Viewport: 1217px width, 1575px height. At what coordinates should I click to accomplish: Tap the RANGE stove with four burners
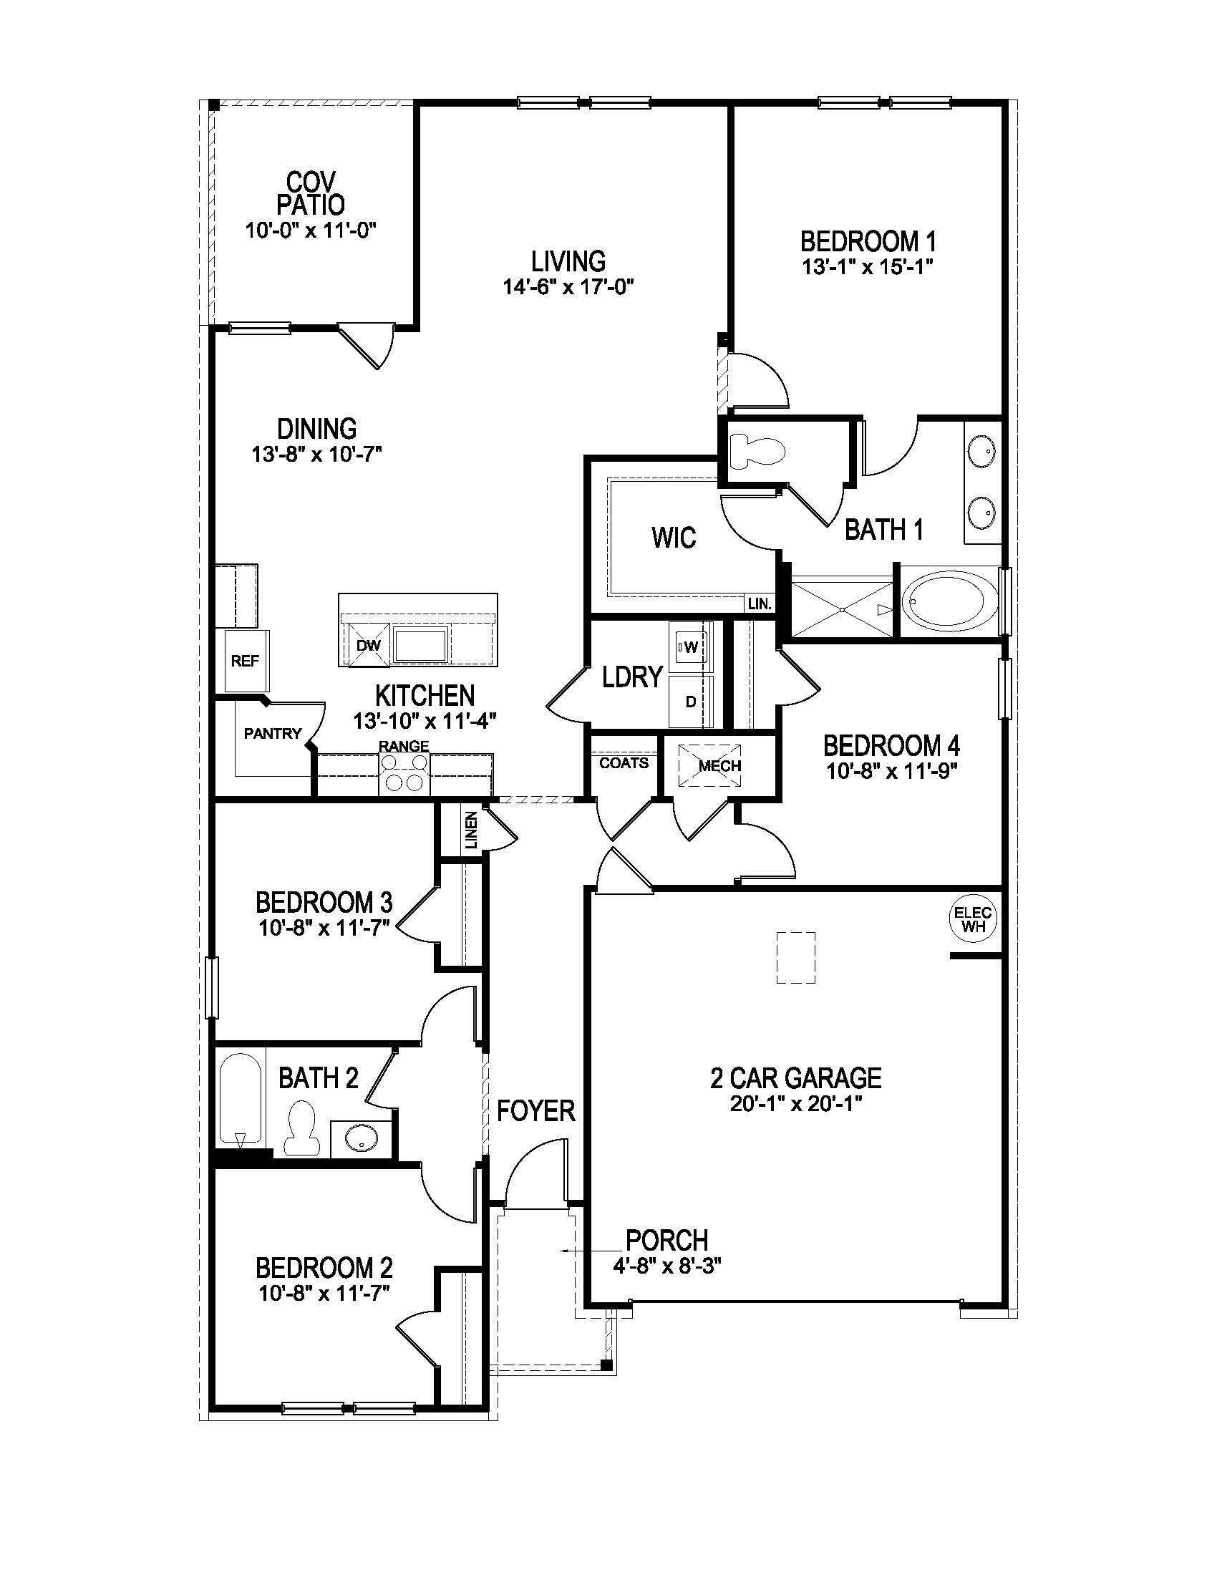(x=404, y=774)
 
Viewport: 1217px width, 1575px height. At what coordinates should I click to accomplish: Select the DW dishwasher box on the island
(x=369, y=646)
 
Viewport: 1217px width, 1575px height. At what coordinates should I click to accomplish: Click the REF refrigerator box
(x=245, y=661)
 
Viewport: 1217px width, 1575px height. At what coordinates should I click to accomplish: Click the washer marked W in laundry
(x=690, y=647)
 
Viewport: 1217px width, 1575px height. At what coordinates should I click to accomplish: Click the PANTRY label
(x=273, y=733)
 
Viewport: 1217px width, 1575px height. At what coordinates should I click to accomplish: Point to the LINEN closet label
(x=471, y=828)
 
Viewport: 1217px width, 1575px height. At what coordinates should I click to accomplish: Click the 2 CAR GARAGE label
(x=795, y=1078)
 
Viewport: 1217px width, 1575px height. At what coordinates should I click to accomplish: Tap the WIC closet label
(x=674, y=537)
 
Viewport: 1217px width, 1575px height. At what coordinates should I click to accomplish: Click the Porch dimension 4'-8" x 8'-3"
(x=666, y=1265)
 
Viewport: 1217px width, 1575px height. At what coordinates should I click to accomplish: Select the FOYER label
(x=535, y=1111)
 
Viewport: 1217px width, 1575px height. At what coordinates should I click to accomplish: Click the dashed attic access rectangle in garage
(x=795, y=958)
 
